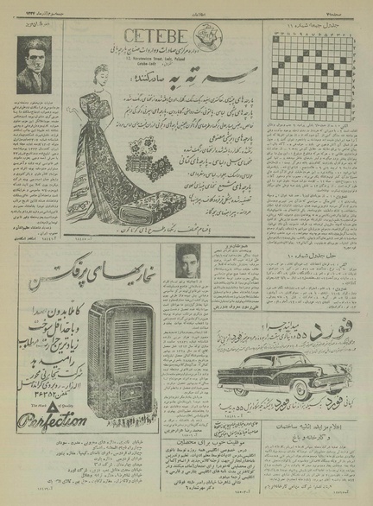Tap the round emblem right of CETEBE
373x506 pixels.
click(x=201, y=35)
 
